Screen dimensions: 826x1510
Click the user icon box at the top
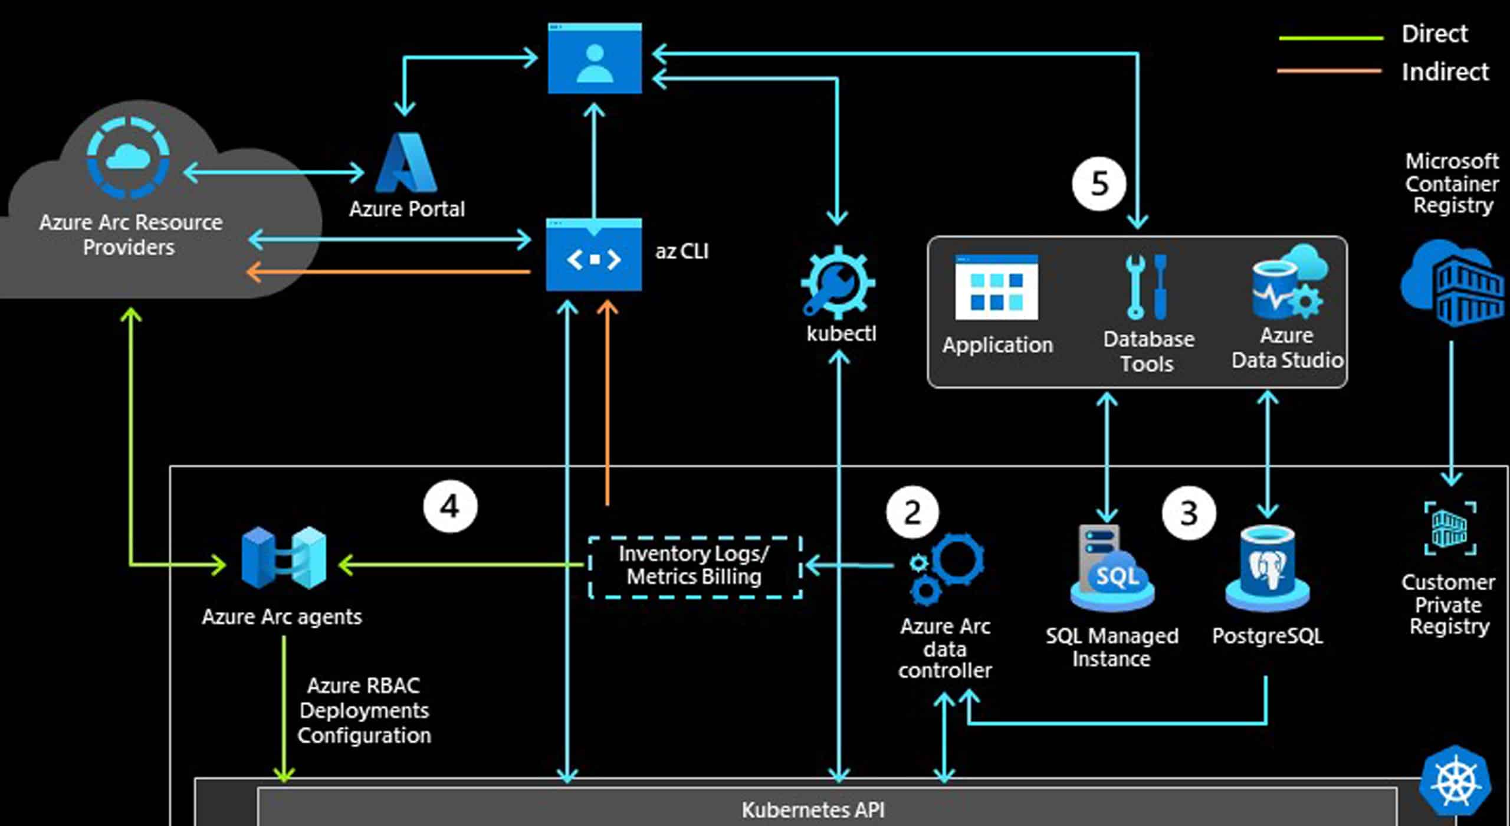595,58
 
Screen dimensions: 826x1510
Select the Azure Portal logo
407,163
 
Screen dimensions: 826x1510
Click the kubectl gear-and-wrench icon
838,283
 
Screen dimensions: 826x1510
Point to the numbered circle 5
1099,183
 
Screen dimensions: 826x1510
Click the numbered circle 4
450,506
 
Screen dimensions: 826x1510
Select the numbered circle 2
912,512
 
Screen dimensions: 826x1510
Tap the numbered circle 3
1189,513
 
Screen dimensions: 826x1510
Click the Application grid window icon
996,287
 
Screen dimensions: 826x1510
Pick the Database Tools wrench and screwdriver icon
1147,287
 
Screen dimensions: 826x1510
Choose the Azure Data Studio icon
1289,283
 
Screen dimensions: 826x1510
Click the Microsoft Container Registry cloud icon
1453,283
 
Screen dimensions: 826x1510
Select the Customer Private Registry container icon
1450,528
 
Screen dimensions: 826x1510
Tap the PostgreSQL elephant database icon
1267,569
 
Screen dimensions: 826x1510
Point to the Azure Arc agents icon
284,558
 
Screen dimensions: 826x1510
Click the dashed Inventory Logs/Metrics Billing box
695,566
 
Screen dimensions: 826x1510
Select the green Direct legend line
1331,38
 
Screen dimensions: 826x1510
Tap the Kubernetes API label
813,809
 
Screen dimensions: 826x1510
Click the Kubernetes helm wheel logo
1455,783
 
